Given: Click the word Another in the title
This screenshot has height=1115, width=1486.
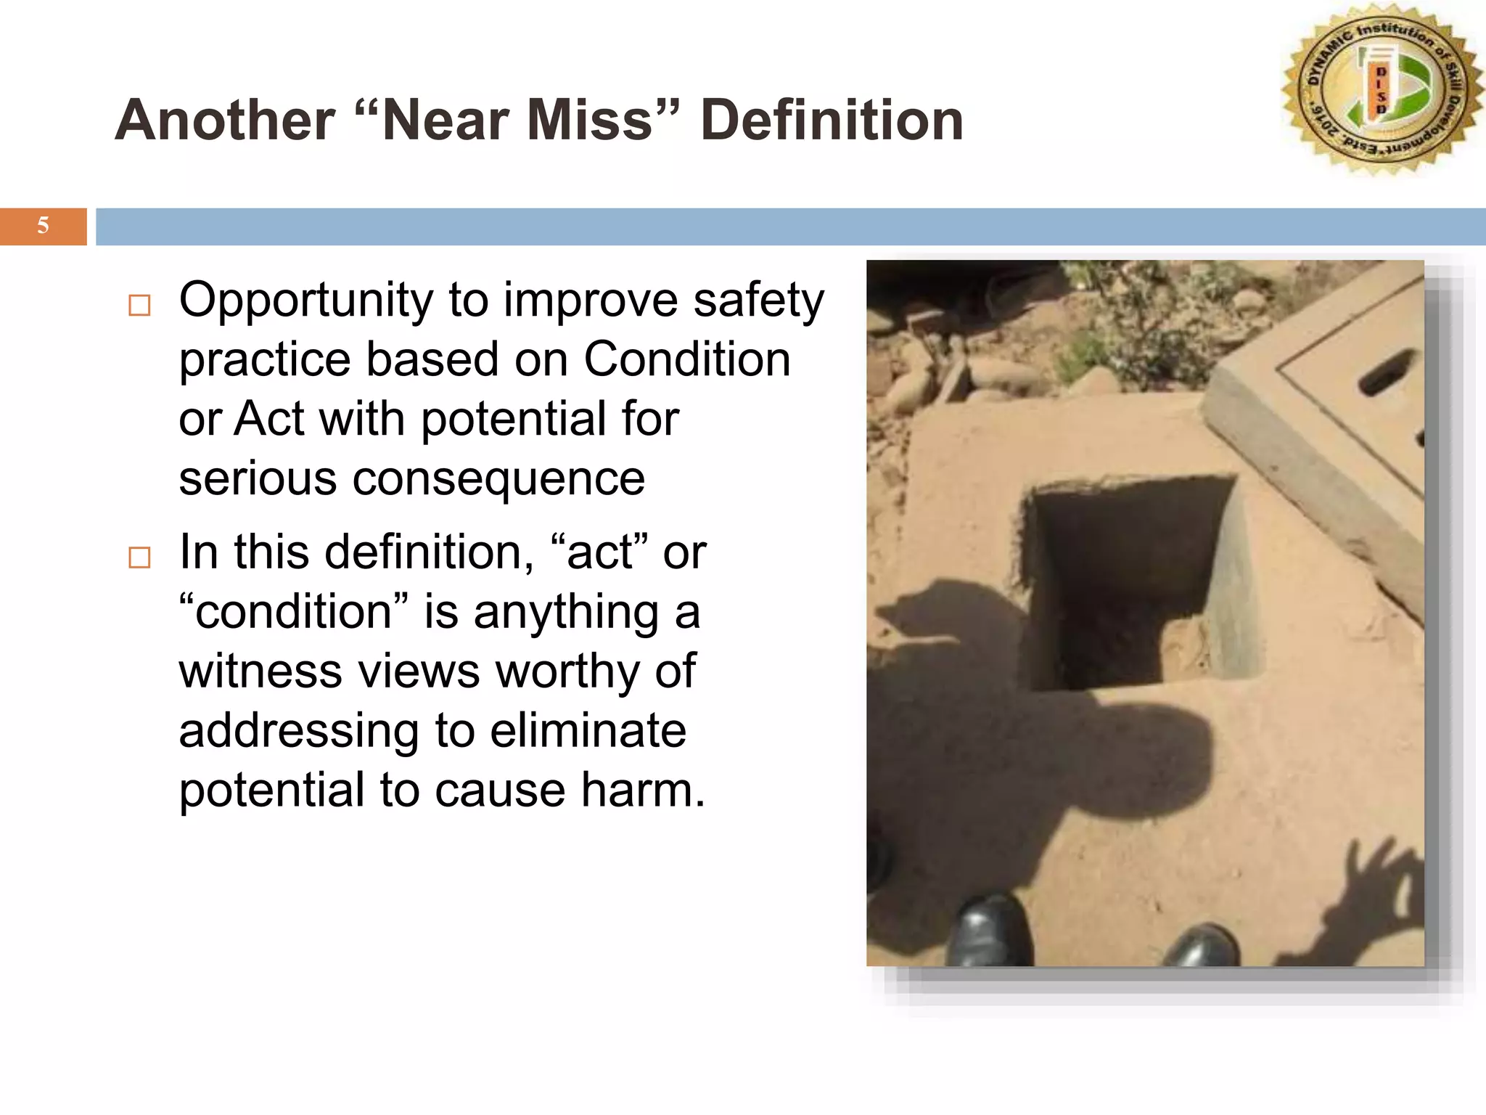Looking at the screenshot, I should point(225,120).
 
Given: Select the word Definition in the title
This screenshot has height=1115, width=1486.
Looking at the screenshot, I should point(832,120).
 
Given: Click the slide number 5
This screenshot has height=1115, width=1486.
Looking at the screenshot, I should point(43,226).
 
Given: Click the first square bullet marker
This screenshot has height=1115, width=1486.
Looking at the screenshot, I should point(139,305).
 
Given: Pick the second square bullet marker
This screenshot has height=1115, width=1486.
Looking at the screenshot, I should point(139,557).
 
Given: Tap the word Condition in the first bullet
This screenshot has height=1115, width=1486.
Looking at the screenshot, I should point(686,359).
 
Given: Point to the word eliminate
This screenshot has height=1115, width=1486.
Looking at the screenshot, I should point(588,730).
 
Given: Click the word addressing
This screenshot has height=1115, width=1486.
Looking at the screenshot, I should point(299,732).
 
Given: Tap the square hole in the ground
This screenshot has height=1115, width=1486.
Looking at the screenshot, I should point(1128,581).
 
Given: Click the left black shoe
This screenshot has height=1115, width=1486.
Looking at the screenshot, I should point(990,933).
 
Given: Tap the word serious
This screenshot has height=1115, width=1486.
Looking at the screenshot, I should point(258,478).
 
